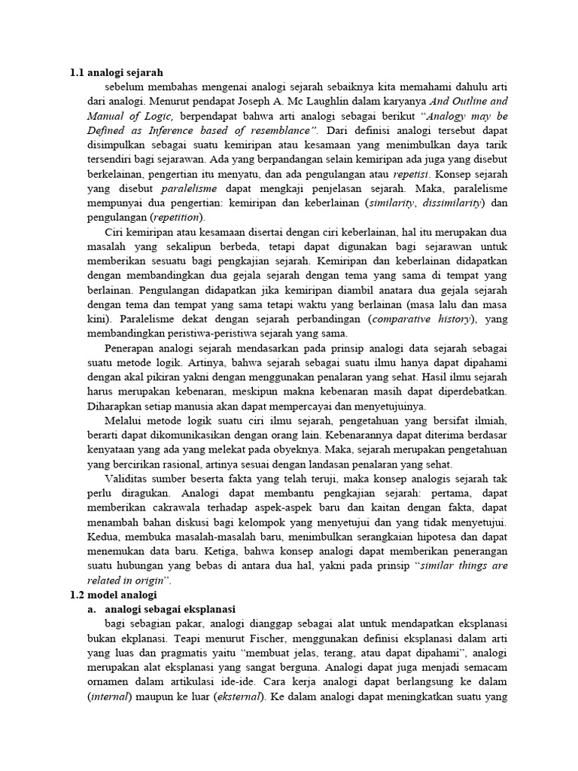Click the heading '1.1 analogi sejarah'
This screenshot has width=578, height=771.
116,73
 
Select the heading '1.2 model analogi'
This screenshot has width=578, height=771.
113,595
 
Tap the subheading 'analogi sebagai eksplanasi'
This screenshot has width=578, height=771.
171,609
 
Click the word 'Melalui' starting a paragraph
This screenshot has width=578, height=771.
126,420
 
